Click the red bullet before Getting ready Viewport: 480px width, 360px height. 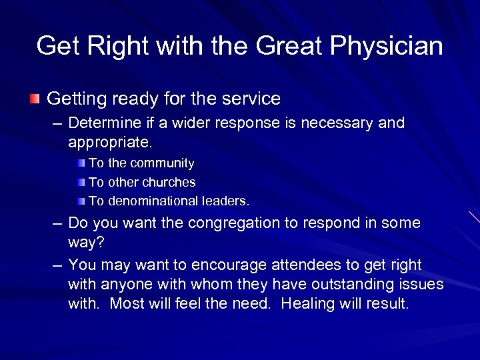tap(35, 99)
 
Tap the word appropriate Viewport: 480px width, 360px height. tap(109, 142)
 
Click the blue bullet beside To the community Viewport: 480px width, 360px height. tap(81, 163)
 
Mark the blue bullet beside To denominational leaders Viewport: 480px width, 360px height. tap(81, 201)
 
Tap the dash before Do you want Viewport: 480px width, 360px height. tap(57, 224)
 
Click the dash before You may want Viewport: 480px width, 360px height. tap(57, 266)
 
